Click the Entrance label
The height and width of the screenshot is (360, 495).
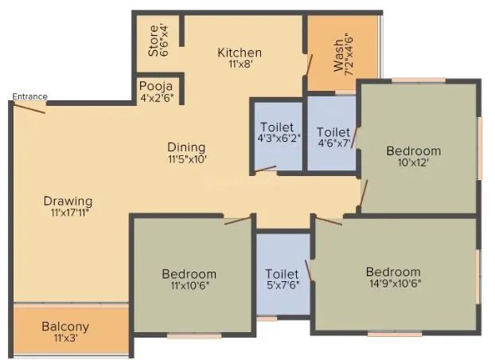[x=29, y=97]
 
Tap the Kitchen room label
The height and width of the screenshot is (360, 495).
[x=240, y=53]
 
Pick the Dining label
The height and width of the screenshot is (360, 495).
[x=186, y=147]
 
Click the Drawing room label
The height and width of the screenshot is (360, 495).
[x=68, y=201]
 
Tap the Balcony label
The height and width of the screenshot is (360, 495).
[x=65, y=327]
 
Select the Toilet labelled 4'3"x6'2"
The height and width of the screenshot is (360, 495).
[x=276, y=127]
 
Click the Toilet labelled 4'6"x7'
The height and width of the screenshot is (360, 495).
[x=333, y=132]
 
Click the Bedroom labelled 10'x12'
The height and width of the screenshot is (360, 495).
[x=413, y=151]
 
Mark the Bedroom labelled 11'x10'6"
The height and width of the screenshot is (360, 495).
[x=189, y=275]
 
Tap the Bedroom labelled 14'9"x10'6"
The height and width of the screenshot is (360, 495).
[x=393, y=272]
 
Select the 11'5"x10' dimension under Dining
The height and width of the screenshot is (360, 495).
[x=186, y=160]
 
